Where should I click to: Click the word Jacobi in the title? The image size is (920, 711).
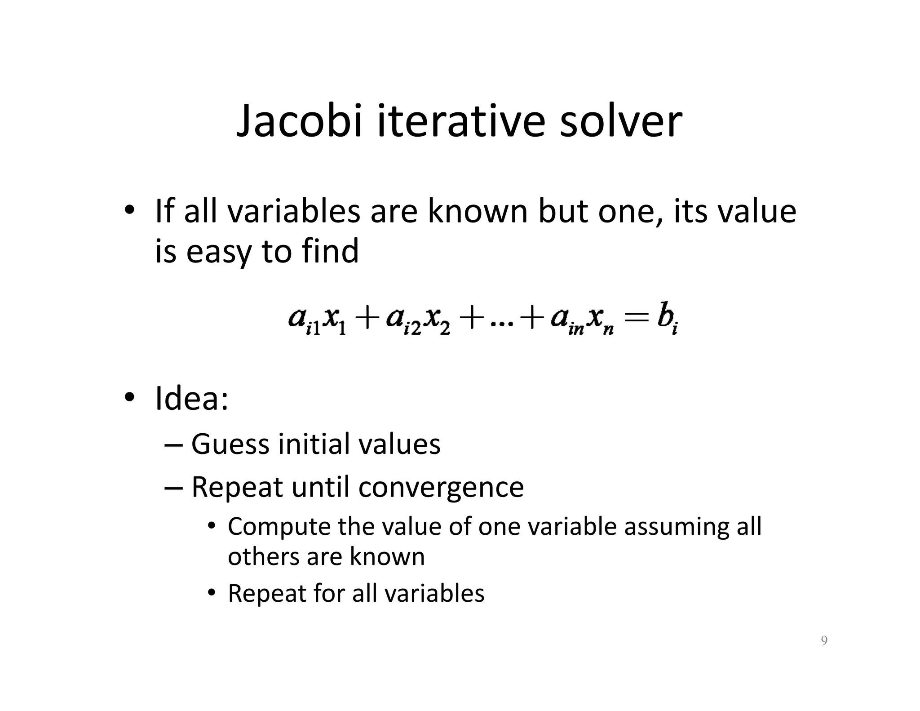point(299,122)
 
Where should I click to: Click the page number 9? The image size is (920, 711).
point(824,640)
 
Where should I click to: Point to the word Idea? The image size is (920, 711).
point(191,399)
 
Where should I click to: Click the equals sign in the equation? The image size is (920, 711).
point(637,320)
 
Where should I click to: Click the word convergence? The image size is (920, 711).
point(441,487)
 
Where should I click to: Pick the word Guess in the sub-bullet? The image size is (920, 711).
point(230,444)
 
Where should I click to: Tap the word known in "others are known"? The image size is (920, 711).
point(387,556)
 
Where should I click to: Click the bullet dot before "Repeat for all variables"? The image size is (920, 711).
point(212,593)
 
